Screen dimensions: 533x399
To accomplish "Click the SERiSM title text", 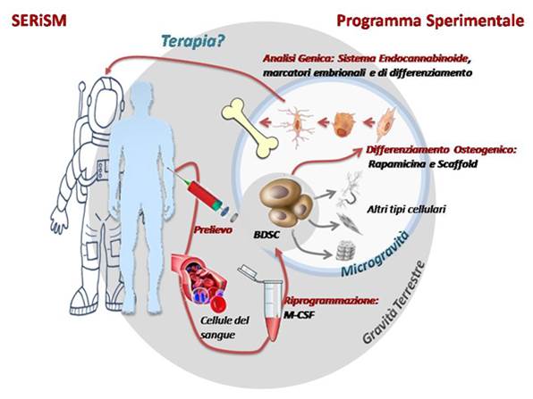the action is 39,21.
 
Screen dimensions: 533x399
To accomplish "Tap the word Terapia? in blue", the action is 193,42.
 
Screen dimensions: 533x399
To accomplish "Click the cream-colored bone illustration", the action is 250,128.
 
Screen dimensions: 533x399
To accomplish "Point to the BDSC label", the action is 266,234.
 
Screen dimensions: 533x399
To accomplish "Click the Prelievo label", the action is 213,229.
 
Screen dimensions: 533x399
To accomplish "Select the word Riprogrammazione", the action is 331,301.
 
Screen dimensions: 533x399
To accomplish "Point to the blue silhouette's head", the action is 142,98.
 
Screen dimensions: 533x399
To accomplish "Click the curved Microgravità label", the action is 374,253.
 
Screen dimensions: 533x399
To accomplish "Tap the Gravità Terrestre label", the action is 393,302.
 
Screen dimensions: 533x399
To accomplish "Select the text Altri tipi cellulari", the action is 406,209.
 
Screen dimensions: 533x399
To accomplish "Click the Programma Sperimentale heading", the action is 430,21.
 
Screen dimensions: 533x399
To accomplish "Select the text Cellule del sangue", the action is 224,328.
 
